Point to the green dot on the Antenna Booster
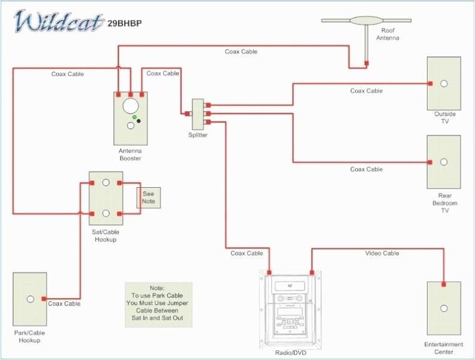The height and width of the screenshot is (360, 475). (x=135, y=117)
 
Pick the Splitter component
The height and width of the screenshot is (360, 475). (x=198, y=113)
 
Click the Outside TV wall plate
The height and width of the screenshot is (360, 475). (x=444, y=83)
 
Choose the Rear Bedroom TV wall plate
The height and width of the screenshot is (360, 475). (x=444, y=162)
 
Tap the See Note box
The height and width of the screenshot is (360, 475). (x=148, y=197)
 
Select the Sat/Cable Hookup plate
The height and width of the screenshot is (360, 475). (x=106, y=198)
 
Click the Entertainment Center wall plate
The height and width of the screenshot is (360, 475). (x=444, y=308)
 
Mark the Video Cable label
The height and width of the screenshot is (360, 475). (x=382, y=253)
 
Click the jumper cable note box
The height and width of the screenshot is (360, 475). (x=158, y=304)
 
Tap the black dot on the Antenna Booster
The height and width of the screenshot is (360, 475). (x=139, y=121)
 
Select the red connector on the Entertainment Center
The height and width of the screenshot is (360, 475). (x=444, y=284)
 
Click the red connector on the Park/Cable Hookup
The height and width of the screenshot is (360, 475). (x=44, y=298)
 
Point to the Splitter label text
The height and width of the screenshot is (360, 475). (x=198, y=135)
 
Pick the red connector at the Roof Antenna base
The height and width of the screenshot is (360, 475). (x=366, y=62)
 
